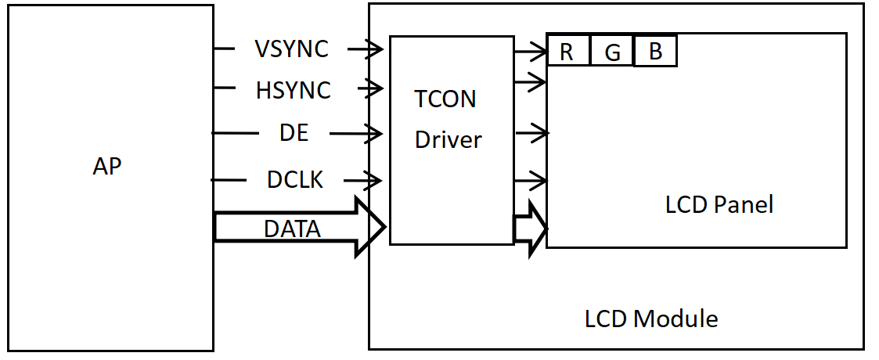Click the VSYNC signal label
291,49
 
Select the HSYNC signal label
293,91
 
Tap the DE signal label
294,133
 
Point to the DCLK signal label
295,180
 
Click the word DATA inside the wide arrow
292,229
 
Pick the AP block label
107,167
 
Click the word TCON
445,99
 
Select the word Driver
448,140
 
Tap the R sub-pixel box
567,52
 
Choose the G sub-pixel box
612,52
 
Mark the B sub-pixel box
655,52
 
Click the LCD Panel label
719,204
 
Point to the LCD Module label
651,319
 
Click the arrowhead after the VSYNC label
375,50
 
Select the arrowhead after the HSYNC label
375,90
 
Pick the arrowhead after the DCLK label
375,181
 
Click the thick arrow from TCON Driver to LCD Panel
530,228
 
